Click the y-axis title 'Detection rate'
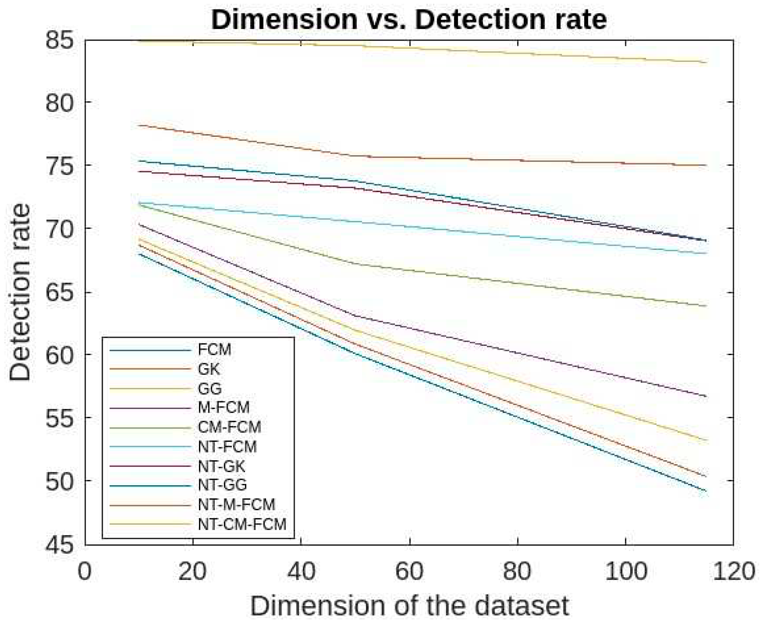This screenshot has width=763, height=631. pyautogui.click(x=20, y=293)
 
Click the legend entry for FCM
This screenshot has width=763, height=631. pyautogui.click(x=214, y=350)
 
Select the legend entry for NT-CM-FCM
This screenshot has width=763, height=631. pyautogui.click(x=242, y=524)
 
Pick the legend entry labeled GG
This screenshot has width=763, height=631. pyautogui.click(x=210, y=389)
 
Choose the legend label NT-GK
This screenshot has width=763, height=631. pyautogui.click(x=222, y=466)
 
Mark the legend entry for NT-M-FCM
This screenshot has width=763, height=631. pyautogui.click(x=237, y=505)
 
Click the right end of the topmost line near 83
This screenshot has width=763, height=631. pyautogui.click(x=706, y=63)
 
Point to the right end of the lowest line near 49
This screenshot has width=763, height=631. pyautogui.click(x=706, y=491)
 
